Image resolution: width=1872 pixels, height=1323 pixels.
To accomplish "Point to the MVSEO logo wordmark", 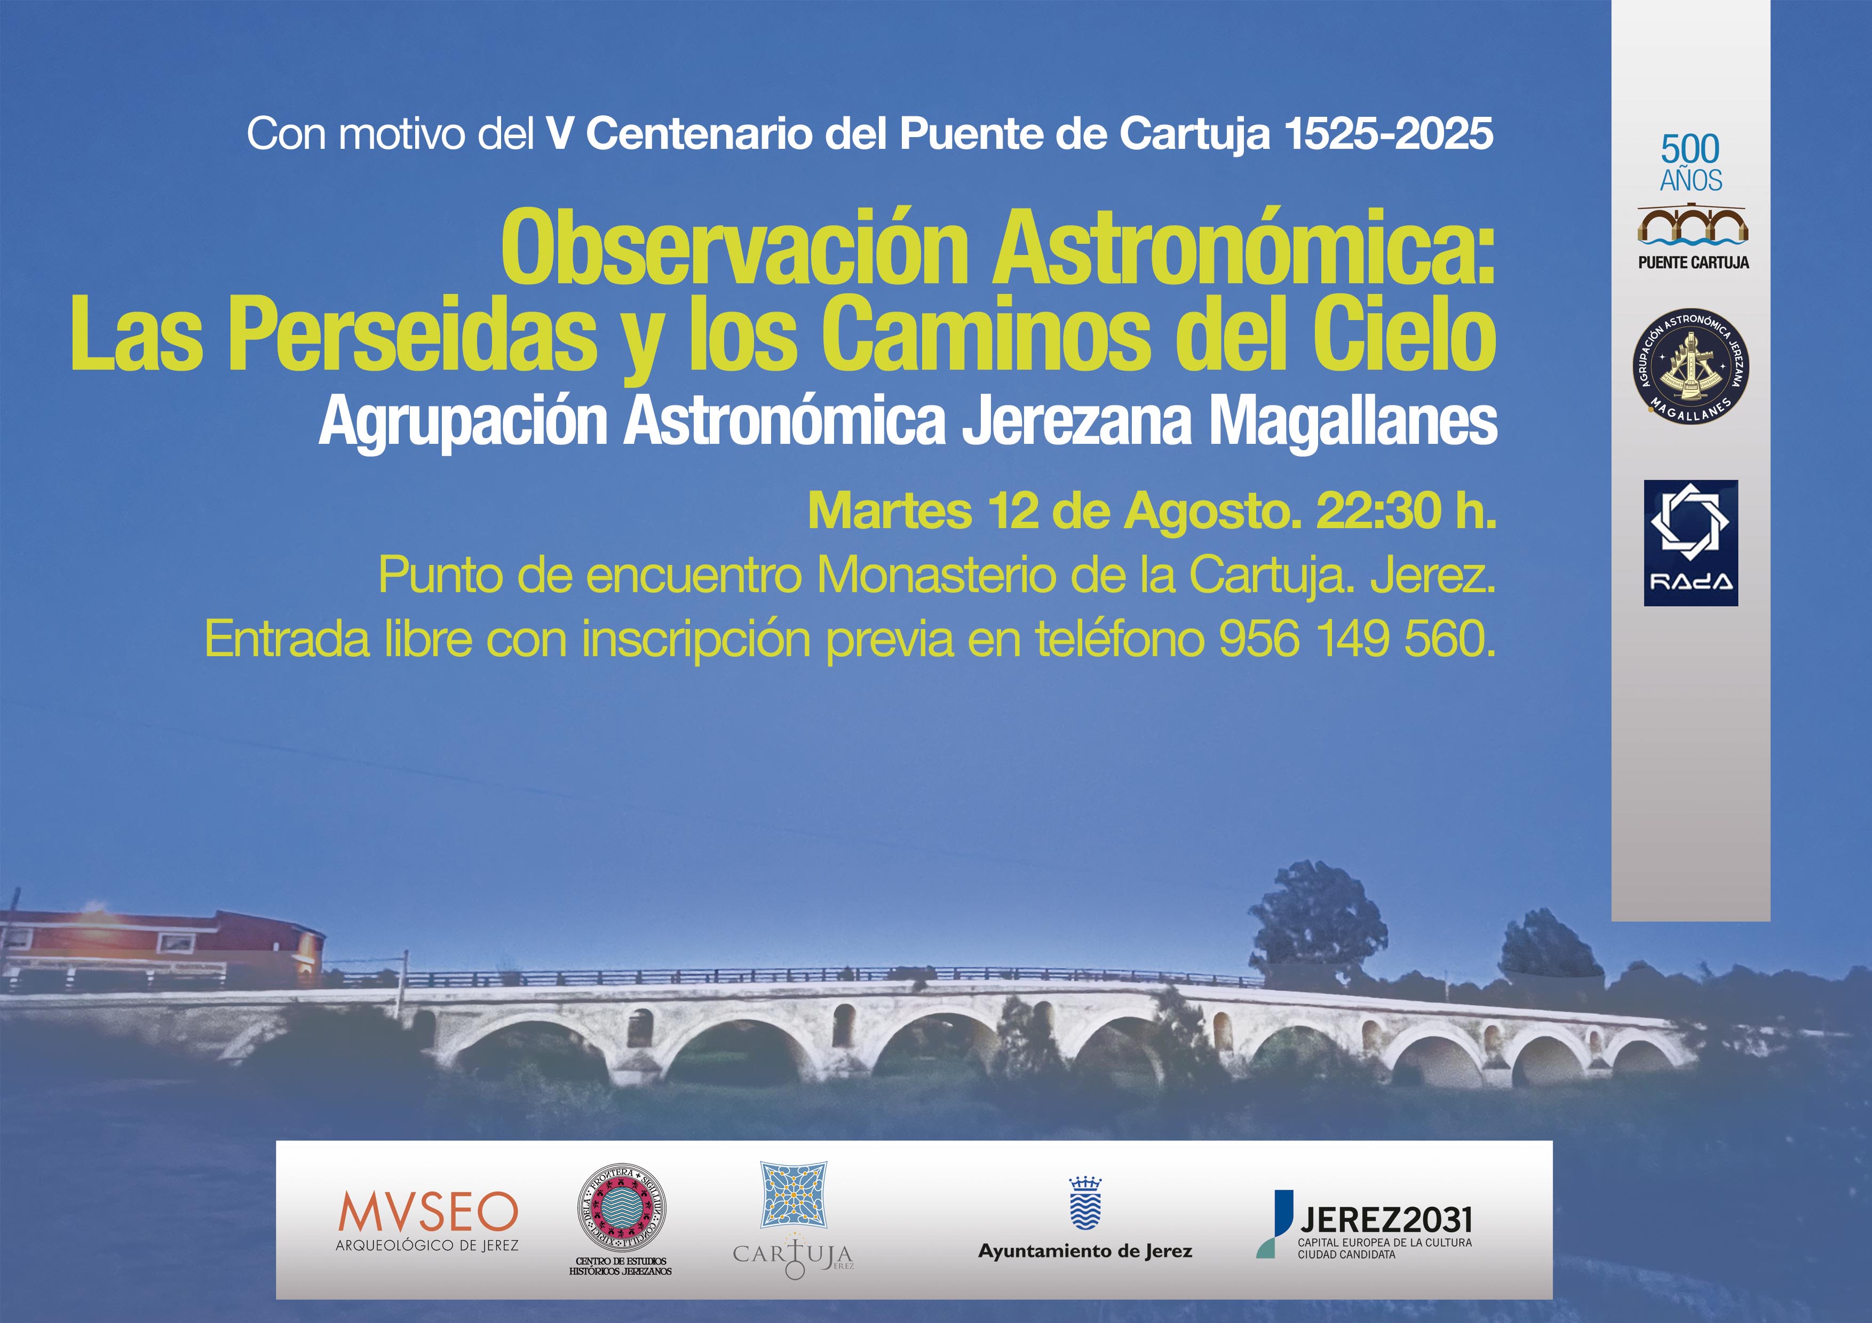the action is point(428,1212).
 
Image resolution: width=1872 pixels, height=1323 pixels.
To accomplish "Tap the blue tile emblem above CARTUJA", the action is point(794,1195).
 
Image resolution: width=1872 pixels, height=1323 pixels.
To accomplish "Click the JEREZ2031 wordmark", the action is point(1386,1220).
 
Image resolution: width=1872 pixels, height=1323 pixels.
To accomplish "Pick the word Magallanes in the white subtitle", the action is point(1353,423).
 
